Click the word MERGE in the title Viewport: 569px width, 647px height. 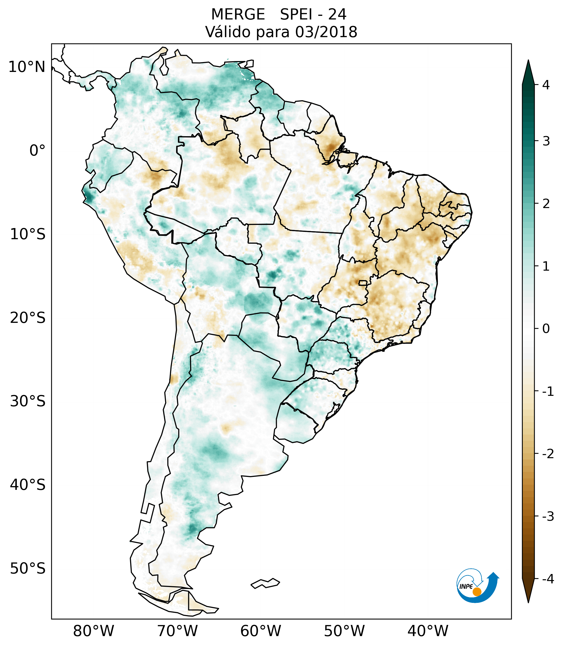tap(238, 15)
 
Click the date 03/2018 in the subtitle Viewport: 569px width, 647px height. tap(326, 32)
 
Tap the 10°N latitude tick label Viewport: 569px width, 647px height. tap(27, 67)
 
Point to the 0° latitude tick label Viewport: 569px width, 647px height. tap(37, 151)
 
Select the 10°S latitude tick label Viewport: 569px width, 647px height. tap(28, 234)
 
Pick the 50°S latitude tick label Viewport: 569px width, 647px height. tap(28, 569)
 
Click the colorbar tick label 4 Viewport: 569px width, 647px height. tap(546, 85)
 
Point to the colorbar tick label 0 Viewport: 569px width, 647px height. tap(546, 329)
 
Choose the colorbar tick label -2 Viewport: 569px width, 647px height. tap(548, 454)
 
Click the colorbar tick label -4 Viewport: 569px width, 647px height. tap(548, 579)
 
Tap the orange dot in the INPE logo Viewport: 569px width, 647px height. tap(477, 592)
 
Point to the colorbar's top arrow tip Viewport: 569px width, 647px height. tap(528, 60)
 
